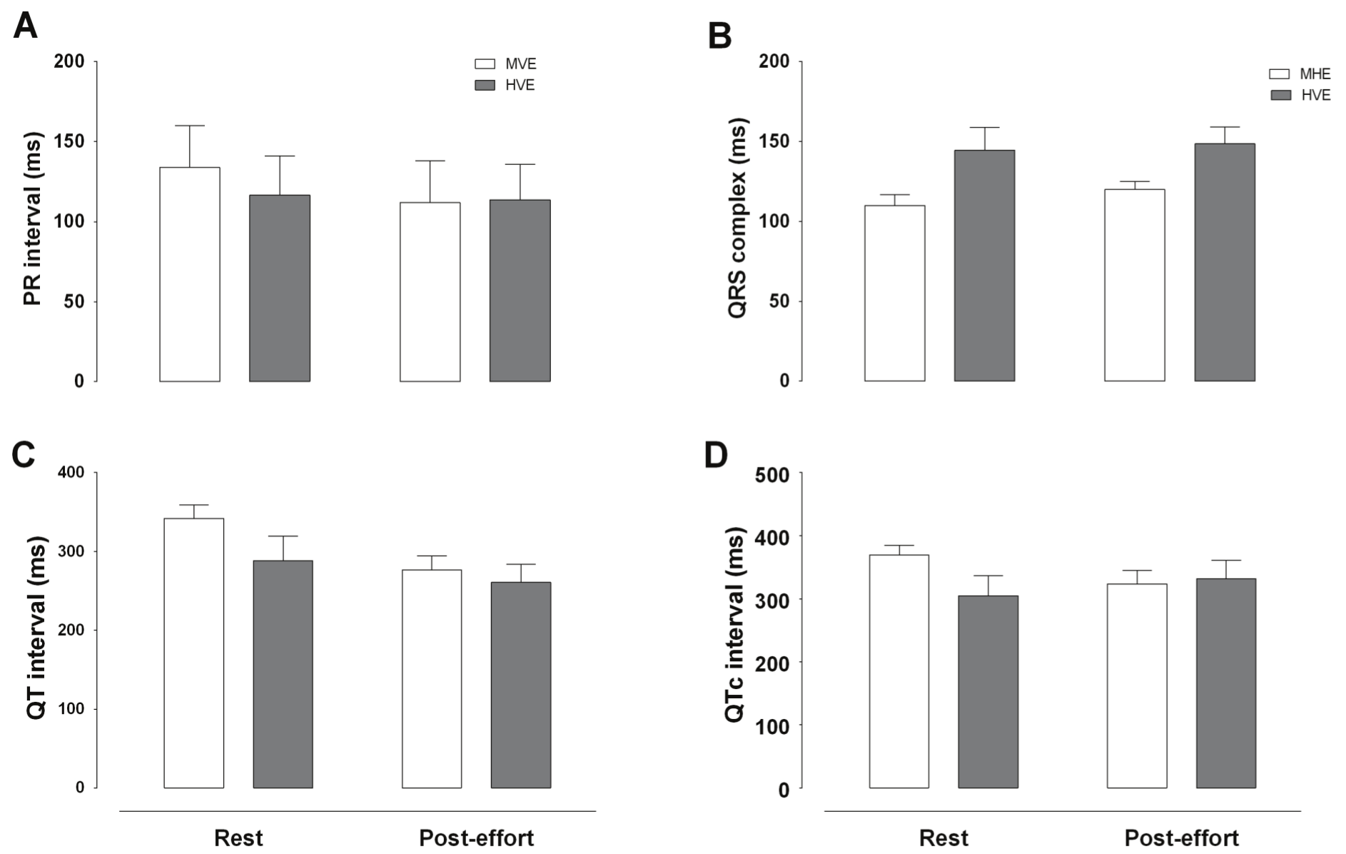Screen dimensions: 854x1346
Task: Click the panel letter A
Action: pos(25,26)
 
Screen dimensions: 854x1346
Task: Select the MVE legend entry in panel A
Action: pos(505,64)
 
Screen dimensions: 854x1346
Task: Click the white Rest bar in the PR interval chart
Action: pos(190,274)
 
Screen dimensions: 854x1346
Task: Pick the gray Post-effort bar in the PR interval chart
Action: pos(520,291)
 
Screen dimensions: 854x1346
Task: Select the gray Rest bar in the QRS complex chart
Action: pos(984,266)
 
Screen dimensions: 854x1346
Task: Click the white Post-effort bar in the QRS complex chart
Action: pos(1134,285)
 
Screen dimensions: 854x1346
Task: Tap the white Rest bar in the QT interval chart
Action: pos(194,653)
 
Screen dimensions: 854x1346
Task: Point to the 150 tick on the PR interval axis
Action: pos(69,141)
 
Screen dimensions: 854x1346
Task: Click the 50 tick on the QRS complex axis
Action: pos(778,301)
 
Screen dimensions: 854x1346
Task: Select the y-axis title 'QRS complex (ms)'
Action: pos(737,218)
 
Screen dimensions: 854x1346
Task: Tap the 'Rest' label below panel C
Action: pos(238,838)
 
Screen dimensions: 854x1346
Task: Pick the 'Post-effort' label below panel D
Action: pos(1181,838)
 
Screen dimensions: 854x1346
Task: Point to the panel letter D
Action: pos(716,455)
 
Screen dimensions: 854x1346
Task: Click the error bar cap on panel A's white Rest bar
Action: pos(190,126)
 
